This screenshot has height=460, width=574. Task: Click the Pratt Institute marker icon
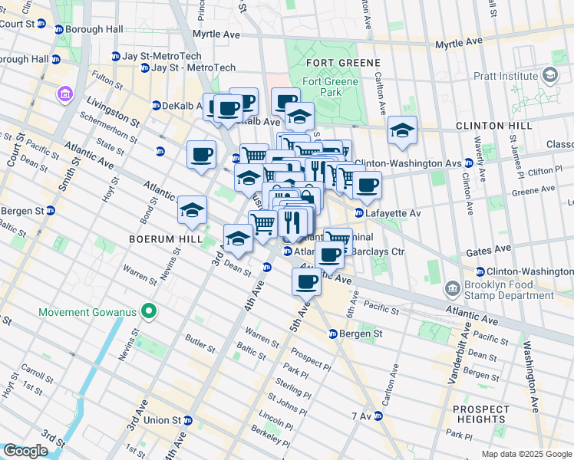[549, 75]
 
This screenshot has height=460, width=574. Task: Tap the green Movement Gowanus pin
[150, 311]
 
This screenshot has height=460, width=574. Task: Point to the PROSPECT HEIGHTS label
[480, 414]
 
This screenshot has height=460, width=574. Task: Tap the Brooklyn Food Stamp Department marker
[453, 290]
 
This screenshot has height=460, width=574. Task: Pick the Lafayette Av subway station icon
[358, 212]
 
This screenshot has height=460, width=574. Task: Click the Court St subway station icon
[59, 29]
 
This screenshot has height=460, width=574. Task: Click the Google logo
[25, 451]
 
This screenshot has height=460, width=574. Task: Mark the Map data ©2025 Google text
[526, 454]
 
